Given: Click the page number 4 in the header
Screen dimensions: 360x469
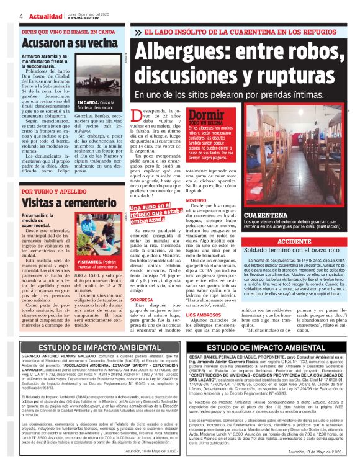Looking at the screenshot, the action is pos(22,16).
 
